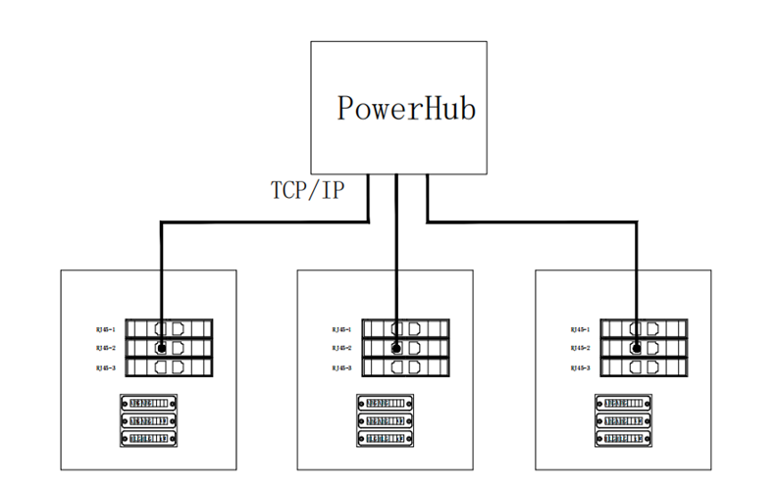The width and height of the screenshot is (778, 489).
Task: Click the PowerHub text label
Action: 406,108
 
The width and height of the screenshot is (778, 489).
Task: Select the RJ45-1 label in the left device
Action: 106,329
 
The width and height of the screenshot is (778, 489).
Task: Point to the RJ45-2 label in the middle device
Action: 342,348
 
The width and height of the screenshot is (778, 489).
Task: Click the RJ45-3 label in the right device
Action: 580,367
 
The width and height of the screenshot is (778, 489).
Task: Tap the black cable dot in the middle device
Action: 395,348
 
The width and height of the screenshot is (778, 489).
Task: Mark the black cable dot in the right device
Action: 636,348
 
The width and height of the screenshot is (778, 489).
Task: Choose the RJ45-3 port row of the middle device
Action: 407,367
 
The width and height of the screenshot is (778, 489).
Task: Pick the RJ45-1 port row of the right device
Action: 646,329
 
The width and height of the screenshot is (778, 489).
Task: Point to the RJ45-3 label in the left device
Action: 106,367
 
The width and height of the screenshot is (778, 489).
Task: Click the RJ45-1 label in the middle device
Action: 342,329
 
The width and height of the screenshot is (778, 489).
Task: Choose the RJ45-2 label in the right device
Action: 580,348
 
